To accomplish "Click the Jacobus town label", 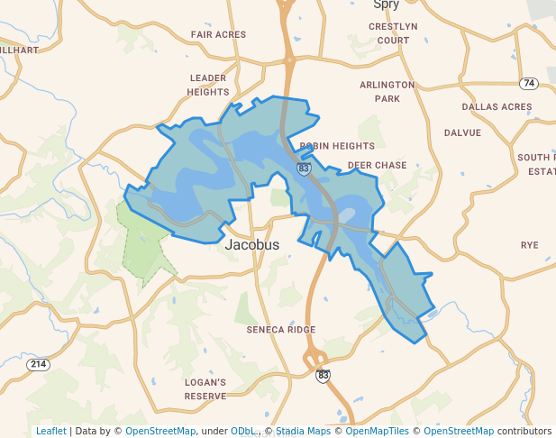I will click(251, 244).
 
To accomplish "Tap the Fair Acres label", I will click(218, 35).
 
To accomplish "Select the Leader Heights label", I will click(207, 85).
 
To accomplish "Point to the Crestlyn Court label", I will click(393, 33).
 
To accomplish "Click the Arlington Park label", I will click(387, 91).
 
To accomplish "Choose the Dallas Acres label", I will click(497, 106).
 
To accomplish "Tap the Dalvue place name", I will click(462, 132).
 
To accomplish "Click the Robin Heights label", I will click(337, 145).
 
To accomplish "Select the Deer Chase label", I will click(378, 166).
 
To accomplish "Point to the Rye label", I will click(529, 245).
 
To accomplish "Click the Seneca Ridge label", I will click(281, 330).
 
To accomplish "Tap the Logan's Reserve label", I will click(205, 388).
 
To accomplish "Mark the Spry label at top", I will click(386, 5).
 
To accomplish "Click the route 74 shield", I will click(528, 83).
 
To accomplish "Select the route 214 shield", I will click(38, 364).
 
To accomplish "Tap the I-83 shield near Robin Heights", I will click(304, 169).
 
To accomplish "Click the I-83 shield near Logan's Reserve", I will click(323, 375).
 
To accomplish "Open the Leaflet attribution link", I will click(50, 431).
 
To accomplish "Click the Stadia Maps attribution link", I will click(302, 431).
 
